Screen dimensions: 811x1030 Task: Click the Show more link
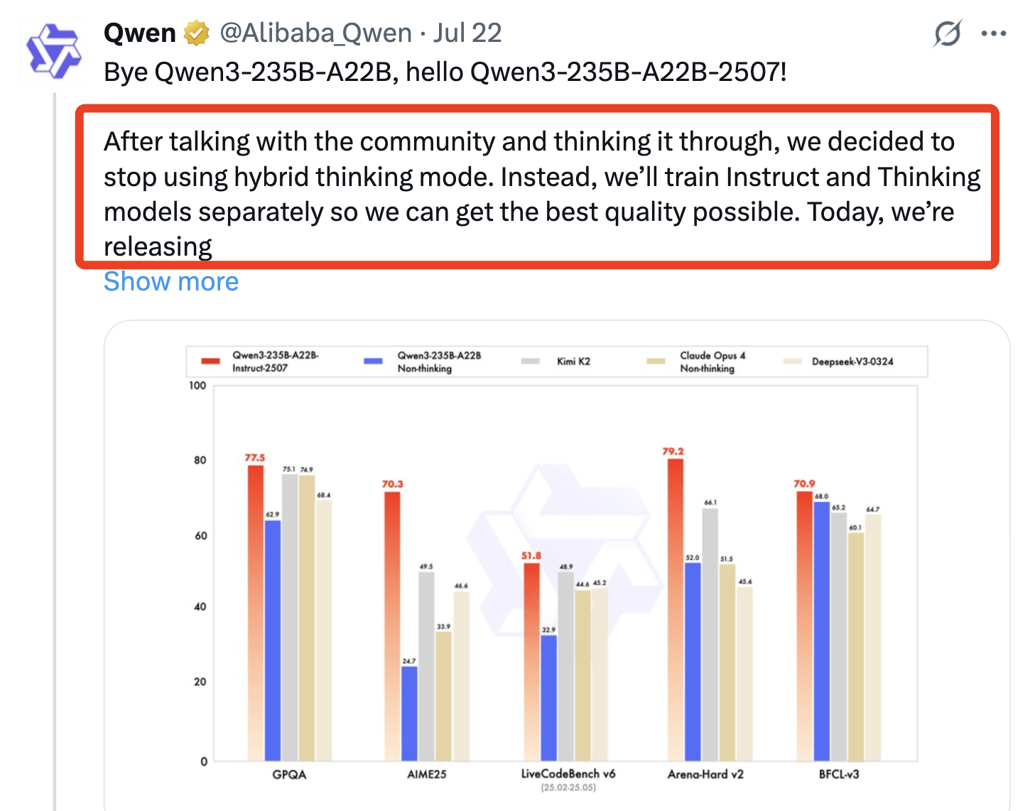coord(171,282)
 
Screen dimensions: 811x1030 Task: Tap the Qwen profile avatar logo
coord(53,51)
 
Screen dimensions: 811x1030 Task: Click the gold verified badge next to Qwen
coord(197,33)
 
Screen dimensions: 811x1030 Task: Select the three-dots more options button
coord(993,33)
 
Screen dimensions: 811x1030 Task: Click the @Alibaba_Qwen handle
coord(315,33)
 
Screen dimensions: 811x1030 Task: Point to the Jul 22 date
coord(467,33)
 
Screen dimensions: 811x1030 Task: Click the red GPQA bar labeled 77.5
coord(255,611)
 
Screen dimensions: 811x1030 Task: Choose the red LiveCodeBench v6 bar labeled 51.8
coord(531,660)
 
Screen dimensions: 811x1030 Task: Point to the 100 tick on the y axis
coord(197,386)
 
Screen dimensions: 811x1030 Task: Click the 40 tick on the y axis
coord(200,606)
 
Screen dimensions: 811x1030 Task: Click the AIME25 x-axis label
coord(426,774)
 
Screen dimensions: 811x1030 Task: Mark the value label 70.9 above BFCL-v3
coord(804,484)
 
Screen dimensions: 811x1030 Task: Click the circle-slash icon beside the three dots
coord(947,33)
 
